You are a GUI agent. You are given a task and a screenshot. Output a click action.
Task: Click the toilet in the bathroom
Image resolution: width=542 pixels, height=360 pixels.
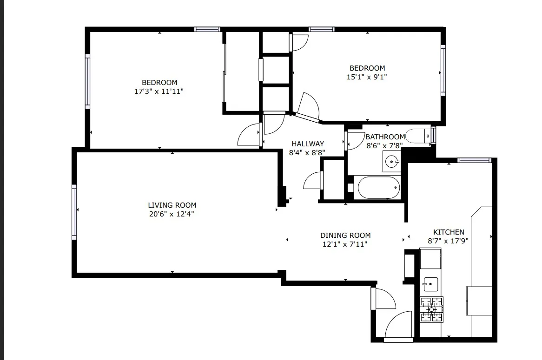[x=417, y=136]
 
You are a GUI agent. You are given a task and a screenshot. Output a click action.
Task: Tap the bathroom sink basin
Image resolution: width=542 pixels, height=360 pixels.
[x=392, y=162]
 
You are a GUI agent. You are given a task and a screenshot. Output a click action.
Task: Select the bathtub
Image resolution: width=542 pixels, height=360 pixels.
[x=378, y=188]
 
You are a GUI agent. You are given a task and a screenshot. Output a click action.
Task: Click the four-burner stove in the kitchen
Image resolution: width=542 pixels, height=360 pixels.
[x=431, y=309]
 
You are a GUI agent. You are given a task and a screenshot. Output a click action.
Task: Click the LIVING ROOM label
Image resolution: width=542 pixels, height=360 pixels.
[x=172, y=205]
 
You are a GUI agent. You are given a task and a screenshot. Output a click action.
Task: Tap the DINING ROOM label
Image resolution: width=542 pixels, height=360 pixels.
[x=345, y=236]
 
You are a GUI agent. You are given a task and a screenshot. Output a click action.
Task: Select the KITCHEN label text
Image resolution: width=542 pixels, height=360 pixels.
[x=448, y=232]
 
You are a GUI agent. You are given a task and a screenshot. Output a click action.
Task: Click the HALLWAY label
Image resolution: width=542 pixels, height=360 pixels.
[x=307, y=144]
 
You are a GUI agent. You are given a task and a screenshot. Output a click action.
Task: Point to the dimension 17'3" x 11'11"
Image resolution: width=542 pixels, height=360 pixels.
[x=159, y=92]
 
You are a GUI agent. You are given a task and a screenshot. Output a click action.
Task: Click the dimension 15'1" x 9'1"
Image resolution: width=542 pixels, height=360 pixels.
[x=367, y=77]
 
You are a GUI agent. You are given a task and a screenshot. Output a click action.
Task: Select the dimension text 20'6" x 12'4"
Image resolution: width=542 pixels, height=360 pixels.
[x=172, y=214]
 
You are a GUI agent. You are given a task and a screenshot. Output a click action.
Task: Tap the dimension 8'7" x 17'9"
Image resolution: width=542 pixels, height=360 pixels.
[x=448, y=241]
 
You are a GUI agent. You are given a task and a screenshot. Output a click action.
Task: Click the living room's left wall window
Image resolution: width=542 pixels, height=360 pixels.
[x=74, y=212]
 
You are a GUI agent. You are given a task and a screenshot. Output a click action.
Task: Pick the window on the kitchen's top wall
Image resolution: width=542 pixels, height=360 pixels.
[x=474, y=160]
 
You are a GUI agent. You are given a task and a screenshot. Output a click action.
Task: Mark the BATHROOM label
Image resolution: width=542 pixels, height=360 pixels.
[x=385, y=137]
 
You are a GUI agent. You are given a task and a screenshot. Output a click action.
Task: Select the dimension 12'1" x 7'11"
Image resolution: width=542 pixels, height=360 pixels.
[x=345, y=244]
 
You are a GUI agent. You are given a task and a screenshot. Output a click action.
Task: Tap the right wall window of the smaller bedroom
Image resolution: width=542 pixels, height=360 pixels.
[x=443, y=70]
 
